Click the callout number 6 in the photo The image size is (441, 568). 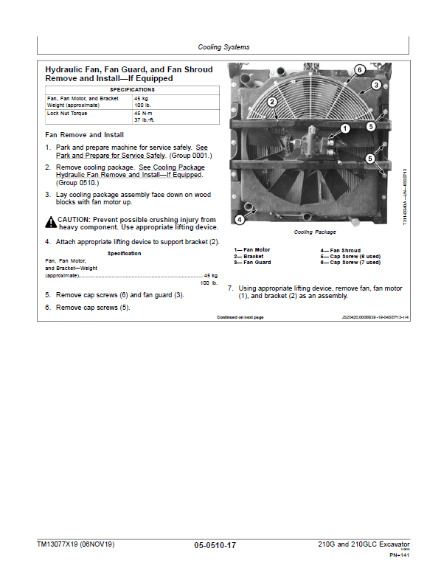(x=359, y=69)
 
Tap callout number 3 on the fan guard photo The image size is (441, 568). (x=375, y=85)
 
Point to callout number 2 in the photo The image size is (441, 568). (x=272, y=102)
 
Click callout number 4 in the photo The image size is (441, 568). (x=239, y=219)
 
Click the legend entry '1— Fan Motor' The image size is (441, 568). (x=252, y=250)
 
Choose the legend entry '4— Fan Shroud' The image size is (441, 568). (x=340, y=250)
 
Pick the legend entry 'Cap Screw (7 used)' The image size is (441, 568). (x=350, y=262)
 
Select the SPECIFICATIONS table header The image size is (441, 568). (x=132, y=89)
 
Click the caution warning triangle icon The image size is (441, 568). (x=50, y=221)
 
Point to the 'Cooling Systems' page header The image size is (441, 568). (x=223, y=47)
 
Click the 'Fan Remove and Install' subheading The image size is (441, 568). (x=84, y=135)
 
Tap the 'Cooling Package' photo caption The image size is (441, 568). (x=314, y=232)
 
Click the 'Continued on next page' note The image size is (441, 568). (x=240, y=316)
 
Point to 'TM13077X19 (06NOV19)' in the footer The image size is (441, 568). (x=76, y=544)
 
